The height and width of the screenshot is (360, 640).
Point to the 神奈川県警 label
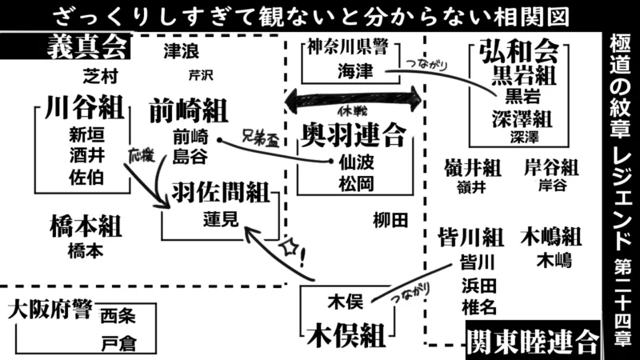(x=354, y=47)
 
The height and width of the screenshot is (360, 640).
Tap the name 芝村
(x=100, y=77)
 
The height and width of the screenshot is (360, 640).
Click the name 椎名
(x=478, y=307)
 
